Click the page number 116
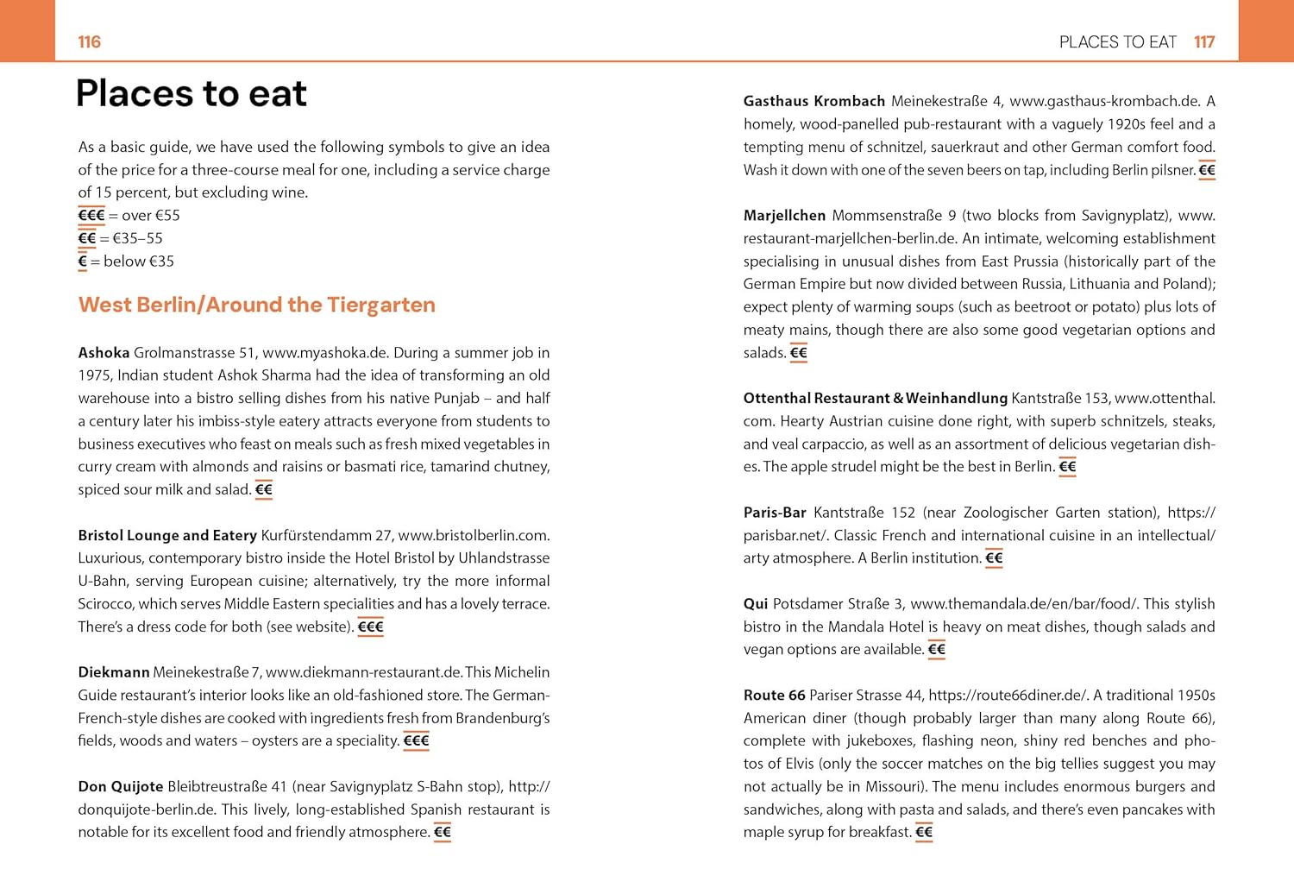pyautogui.click(x=89, y=42)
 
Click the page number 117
pyautogui.click(x=1204, y=42)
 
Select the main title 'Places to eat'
pyautogui.click(x=192, y=93)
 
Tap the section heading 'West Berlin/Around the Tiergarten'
pyautogui.click(x=256, y=305)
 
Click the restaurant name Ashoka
pyautogui.click(x=104, y=352)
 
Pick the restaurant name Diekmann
pyautogui.click(x=114, y=672)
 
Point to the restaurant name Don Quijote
pyautogui.click(x=121, y=786)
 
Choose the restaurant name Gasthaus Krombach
pyautogui.click(x=814, y=101)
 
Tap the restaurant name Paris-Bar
pyautogui.click(x=775, y=513)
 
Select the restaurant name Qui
pyautogui.click(x=756, y=604)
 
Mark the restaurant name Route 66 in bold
pyautogui.click(x=774, y=696)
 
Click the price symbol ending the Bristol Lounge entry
pyautogui.click(x=370, y=627)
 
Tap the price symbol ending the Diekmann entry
pyautogui.click(x=416, y=741)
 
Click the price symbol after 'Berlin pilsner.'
pyautogui.click(x=1207, y=170)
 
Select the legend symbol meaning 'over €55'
pyautogui.click(x=91, y=216)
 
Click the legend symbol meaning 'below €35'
pyautogui.click(x=83, y=261)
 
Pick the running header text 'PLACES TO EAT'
pyautogui.click(x=1117, y=42)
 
